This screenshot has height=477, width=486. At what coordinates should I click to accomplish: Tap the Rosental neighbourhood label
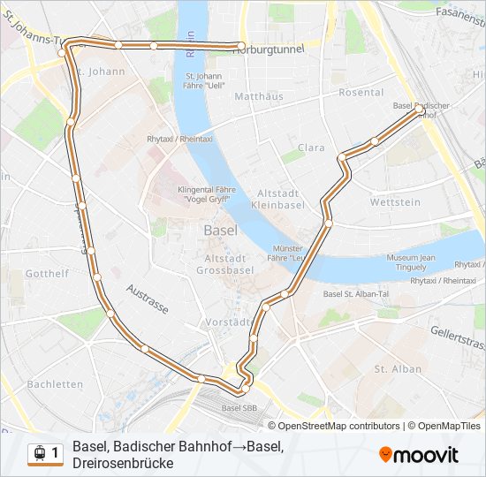pyautogui.click(x=361, y=93)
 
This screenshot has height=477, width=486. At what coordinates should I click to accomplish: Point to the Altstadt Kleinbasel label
pyautogui.click(x=278, y=199)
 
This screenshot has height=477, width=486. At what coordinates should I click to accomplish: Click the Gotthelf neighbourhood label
pyautogui.click(x=47, y=274)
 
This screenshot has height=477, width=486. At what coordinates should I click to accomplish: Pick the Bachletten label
pyautogui.click(x=55, y=384)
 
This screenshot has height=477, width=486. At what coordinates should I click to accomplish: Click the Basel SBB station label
pyautogui.click(x=239, y=408)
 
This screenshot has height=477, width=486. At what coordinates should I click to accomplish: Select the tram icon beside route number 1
pyautogui.click(x=39, y=453)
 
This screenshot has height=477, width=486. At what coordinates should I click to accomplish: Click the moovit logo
pyautogui.click(x=419, y=455)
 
